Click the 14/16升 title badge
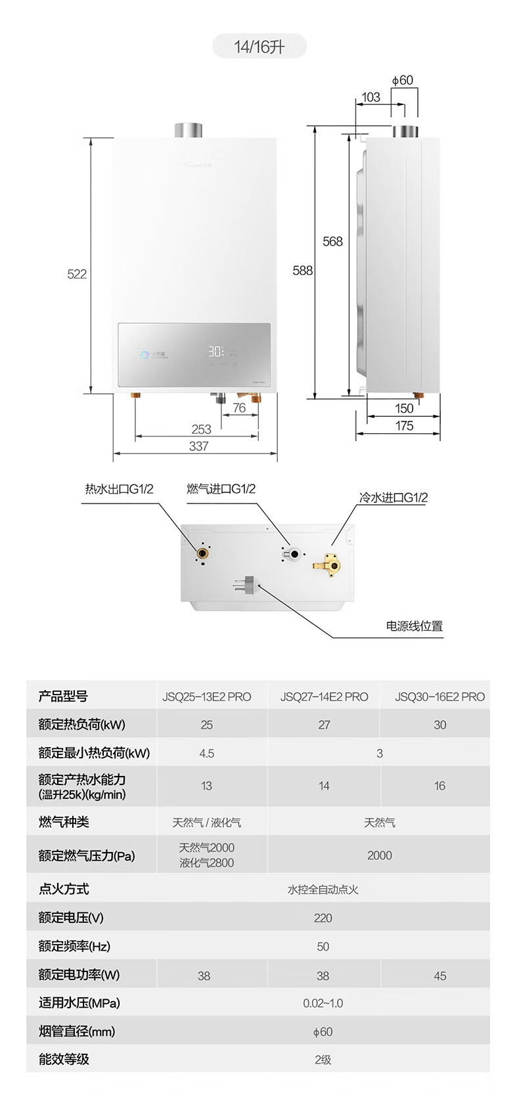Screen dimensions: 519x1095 coord(259,47)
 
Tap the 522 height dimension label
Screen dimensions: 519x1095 coord(77,274)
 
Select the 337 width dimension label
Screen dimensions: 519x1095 coord(198,446)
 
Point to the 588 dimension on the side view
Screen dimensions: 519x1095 coord(303,270)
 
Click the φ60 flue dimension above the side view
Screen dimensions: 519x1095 coord(403,80)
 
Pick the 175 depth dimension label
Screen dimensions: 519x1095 coord(404,426)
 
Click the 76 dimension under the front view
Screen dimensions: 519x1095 coord(239,408)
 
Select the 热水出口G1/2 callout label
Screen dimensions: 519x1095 coord(119,489)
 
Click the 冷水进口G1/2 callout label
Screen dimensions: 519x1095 coord(393,498)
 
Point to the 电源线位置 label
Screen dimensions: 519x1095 coord(414,626)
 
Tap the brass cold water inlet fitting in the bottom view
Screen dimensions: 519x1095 coord(329,563)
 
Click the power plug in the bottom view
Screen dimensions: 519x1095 coord(245,583)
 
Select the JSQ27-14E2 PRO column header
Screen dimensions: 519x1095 coord(324,697)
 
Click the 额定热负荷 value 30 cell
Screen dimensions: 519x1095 coord(440,725)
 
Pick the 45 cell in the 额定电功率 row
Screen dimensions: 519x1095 coord(440,976)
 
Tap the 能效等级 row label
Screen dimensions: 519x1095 coord(64,1059)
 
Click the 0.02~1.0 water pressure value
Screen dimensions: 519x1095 coord(323,1003)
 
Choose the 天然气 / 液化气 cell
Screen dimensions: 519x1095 coord(206,823)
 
